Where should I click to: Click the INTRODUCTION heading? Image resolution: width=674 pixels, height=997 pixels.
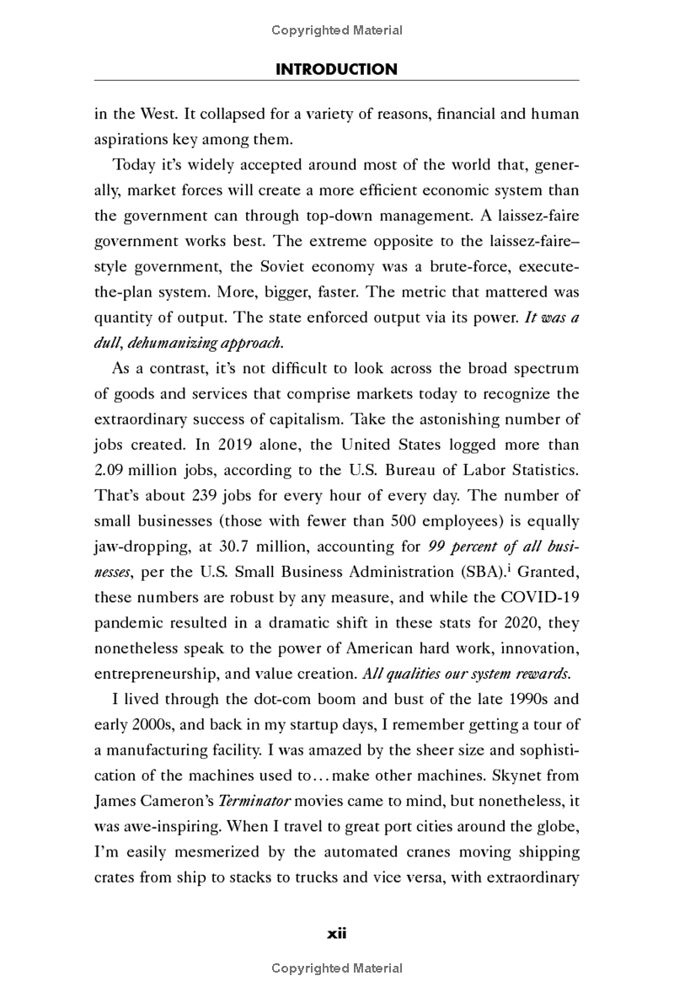(x=336, y=69)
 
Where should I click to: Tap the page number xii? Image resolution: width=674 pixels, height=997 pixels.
(x=337, y=933)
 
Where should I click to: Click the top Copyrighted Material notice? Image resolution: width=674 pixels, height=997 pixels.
(x=337, y=30)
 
